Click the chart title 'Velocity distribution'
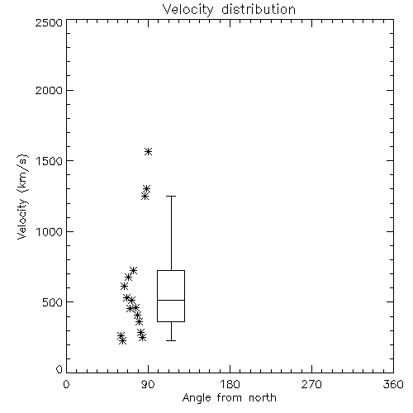tap(229, 10)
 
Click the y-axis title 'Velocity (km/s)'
tap(22, 197)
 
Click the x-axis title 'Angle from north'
tap(229, 398)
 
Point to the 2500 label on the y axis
tap(49, 22)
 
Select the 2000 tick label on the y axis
tap(49, 90)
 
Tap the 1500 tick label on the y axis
tap(50, 161)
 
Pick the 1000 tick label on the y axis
tap(50, 232)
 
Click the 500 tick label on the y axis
tap(53, 302)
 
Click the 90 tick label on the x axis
tap(149, 384)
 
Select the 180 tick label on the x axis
tap(230, 384)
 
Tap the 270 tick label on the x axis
tap(311, 384)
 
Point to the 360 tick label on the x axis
tap(393, 384)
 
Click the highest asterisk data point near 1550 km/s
tap(149, 151)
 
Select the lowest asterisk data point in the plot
tap(123, 341)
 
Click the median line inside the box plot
tap(171, 300)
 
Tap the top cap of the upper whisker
tap(171, 197)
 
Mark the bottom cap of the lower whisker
tap(171, 340)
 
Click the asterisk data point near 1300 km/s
tap(147, 189)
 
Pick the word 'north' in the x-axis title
tap(263, 398)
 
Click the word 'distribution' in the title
tap(259, 10)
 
